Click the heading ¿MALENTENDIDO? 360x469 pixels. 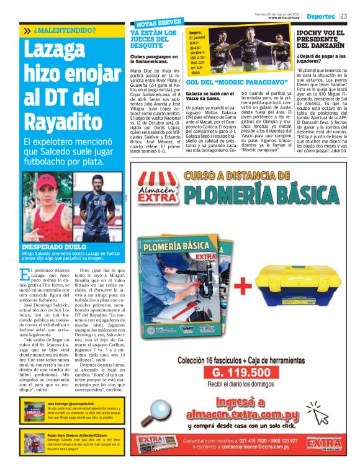[65, 30]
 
